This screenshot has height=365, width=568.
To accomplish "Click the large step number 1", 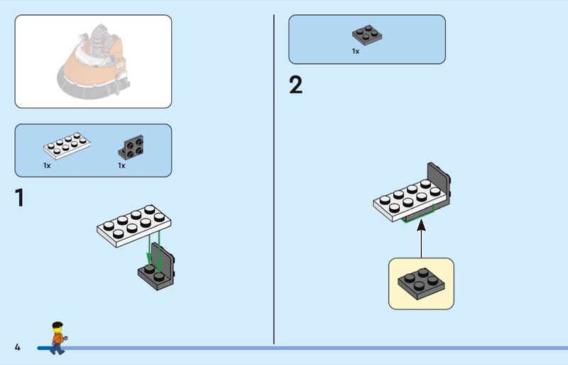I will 19,198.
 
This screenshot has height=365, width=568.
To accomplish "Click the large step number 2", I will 295,85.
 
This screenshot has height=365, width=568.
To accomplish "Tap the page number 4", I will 17,347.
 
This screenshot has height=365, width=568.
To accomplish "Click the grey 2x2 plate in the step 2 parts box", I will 367,35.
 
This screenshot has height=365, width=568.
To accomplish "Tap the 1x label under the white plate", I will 47,166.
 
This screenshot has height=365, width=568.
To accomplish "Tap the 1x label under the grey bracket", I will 121,166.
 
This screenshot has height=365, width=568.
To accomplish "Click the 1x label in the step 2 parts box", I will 356,51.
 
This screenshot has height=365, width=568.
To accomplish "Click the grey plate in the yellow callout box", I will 421,283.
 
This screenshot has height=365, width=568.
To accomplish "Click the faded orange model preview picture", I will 93,61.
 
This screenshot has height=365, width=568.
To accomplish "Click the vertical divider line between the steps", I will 274,178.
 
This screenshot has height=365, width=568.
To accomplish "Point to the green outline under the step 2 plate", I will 417,218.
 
